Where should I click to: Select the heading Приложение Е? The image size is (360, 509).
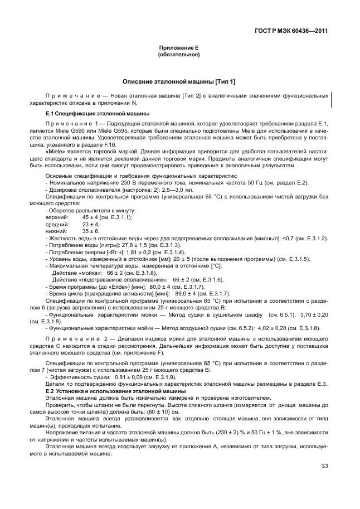pyautogui.click(x=179, y=49)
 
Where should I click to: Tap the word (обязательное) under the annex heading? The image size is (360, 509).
pyautogui.click(x=179, y=55)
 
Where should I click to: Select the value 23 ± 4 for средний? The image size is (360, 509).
pyautogui.click(x=90, y=223)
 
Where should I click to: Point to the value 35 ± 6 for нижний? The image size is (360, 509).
pyautogui.click(x=90, y=230)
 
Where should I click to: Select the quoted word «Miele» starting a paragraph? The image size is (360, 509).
pyautogui.click(x=54, y=151)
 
